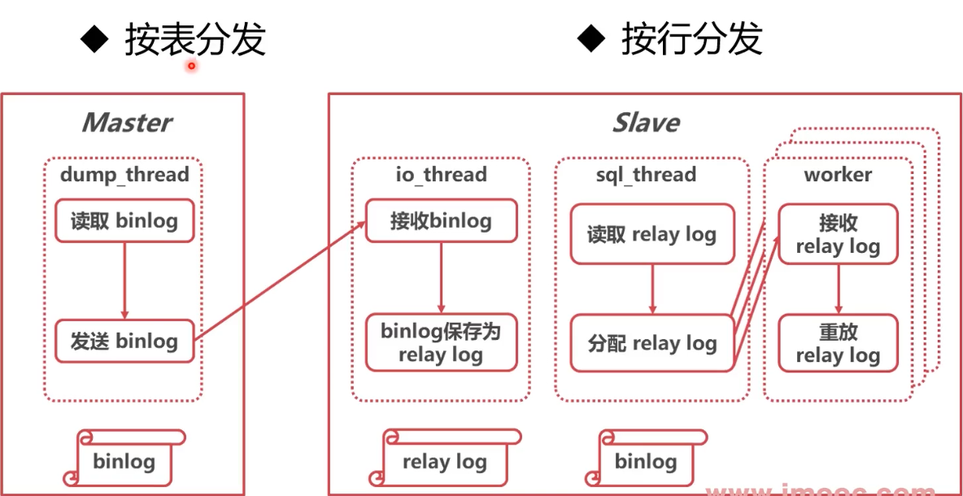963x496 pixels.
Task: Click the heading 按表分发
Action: tap(194, 39)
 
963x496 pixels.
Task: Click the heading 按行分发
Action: tap(691, 38)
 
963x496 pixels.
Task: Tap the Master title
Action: tap(126, 123)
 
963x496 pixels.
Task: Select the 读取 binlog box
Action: tap(124, 221)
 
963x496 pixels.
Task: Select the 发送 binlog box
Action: tap(124, 342)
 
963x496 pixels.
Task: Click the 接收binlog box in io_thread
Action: tap(441, 221)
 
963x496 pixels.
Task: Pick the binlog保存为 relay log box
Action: tap(441, 342)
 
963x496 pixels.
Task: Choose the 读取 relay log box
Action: tap(651, 235)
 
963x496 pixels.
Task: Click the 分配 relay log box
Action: tap(651, 344)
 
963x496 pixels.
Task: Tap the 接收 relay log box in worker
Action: tap(838, 234)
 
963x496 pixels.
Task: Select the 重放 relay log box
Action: tap(838, 344)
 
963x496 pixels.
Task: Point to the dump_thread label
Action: tap(124, 174)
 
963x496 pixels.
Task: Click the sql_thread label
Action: tap(646, 174)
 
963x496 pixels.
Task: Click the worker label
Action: tap(838, 174)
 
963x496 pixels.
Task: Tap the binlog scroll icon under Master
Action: tap(124, 461)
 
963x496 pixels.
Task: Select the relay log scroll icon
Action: tap(444, 461)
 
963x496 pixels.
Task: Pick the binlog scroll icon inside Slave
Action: tap(645, 461)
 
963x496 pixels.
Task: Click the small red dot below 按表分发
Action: tap(192, 66)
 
